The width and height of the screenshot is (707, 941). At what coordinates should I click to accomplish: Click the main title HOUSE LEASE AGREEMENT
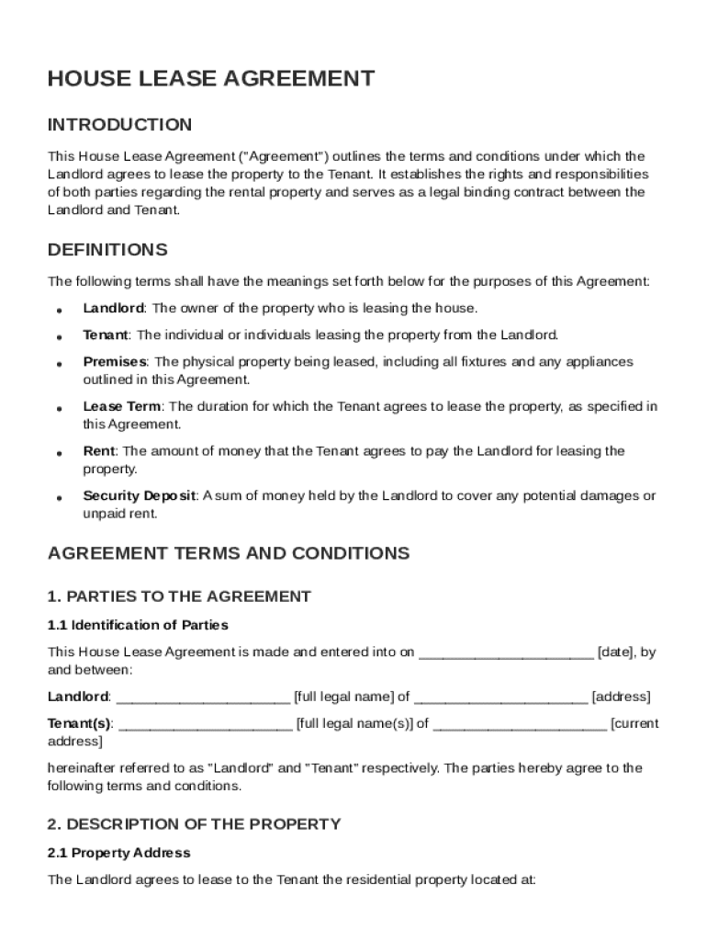click(x=211, y=79)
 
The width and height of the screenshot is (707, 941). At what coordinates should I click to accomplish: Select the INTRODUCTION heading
click(x=120, y=125)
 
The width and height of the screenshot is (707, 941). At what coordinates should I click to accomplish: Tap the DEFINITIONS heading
click(x=107, y=250)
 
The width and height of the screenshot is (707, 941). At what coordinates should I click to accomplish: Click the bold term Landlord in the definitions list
click(x=113, y=308)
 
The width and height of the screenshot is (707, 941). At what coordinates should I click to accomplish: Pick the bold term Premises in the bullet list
click(x=115, y=362)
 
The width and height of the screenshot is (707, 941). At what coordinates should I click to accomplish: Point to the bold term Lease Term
click(x=122, y=406)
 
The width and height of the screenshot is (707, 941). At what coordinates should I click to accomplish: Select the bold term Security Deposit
click(x=140, y=495)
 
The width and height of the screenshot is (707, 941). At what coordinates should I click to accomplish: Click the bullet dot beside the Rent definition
click(x=59, y=453)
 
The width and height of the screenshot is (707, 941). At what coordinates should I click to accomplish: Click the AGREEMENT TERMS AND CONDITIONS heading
click(x=229, y=553)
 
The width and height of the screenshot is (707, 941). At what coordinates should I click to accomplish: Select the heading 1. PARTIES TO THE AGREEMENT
click(x=179, y=596)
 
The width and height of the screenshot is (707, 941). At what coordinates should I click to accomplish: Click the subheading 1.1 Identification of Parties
click(x=138, y=625)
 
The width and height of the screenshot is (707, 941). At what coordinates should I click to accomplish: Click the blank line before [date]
click(x=506, y=653)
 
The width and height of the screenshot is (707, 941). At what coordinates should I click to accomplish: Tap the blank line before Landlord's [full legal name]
click(x=203, y=697)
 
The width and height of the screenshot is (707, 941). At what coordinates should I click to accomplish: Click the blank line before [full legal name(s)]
click(x=206, y=724)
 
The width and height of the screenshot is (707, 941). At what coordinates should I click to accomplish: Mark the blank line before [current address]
click(x=519, y=724)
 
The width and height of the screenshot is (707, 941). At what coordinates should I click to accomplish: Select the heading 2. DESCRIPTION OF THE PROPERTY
click(x=194, y=824)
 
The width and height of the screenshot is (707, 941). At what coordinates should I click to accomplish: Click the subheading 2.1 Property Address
click(x=119, y=853)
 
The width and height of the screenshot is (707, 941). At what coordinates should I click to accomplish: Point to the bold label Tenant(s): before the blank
click(x=80, y=723)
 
